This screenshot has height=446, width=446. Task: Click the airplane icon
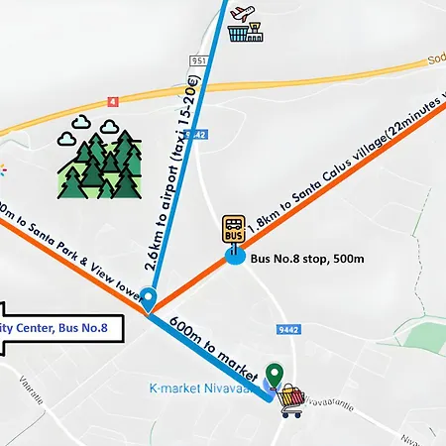pos(243,12)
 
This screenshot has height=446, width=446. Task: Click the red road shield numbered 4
pos(116,100)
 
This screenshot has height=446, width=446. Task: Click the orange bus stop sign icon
pos(234,230)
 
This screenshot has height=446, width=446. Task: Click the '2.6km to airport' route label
pos(182,159)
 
